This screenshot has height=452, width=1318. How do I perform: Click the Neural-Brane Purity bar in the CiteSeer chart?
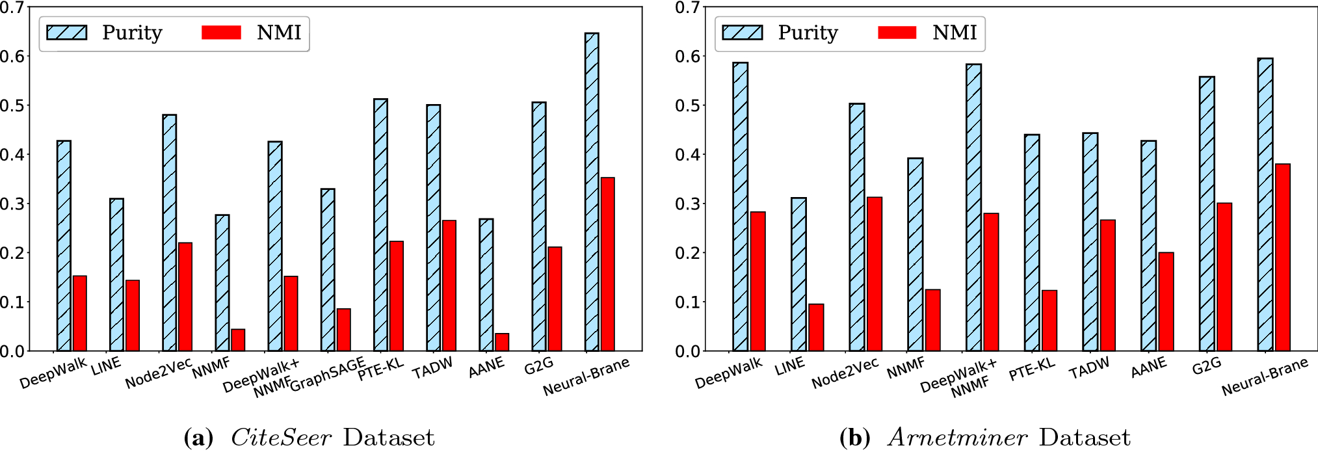coord(591,192)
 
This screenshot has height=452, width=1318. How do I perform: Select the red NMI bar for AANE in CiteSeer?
coord(502,342)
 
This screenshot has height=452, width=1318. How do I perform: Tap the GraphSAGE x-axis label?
coord(327,375)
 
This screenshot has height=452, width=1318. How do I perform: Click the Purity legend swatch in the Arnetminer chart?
coord(742,33)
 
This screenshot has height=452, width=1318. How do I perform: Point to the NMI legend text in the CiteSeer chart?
coord(278,33)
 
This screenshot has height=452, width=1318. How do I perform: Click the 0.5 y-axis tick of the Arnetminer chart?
coord(687,105)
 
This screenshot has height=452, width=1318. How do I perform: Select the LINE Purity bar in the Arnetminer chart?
coord(798,274)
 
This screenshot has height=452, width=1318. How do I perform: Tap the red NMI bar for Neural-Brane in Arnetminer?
coord(1282,258)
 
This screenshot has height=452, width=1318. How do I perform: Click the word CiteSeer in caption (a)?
coord(281,437)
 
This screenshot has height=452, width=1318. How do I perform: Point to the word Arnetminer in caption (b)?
coord(957,437)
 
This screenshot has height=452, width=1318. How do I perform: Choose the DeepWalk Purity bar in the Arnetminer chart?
coord(740,207)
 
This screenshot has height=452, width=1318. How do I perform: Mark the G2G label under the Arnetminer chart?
coord(1206,367)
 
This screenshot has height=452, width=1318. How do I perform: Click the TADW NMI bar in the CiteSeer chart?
coord(449,286)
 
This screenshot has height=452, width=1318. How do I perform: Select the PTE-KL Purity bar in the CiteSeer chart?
coord(380,225)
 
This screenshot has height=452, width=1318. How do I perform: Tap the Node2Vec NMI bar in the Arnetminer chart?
coord(875,274)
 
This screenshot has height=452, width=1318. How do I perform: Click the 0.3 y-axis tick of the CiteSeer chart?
coord(12,204)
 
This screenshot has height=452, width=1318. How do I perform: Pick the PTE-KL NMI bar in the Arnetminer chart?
coord(1049,321)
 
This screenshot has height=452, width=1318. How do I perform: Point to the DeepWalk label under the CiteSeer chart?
coord(53,373)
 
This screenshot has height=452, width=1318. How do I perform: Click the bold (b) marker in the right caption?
coord(854,437)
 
